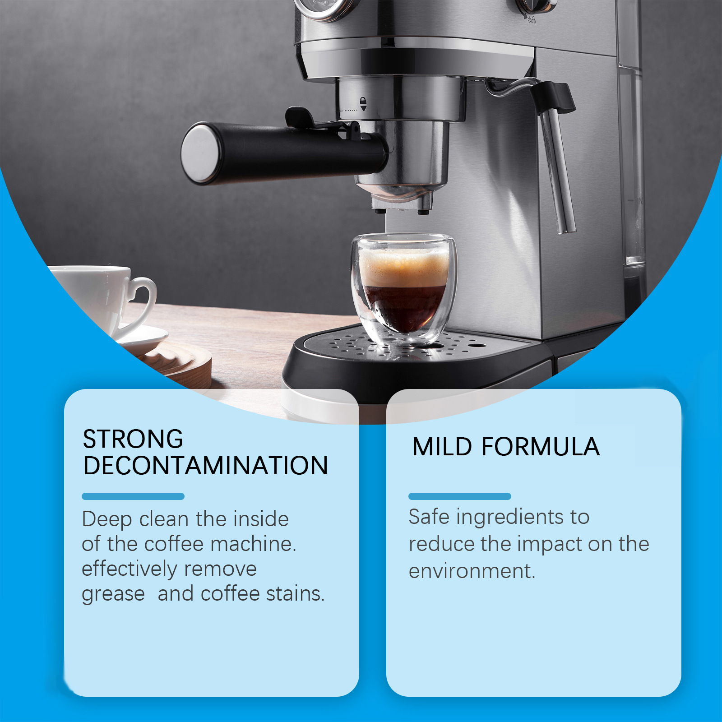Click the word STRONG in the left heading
pos(133,439)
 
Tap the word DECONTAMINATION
pos(206,466)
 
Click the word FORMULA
pos(541,447)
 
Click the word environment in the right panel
pos(472,571)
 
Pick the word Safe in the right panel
pos(429,517)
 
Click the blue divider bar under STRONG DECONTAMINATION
pos(133,496)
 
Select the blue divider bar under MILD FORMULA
pos(460,496)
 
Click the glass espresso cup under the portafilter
pos(404,289)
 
